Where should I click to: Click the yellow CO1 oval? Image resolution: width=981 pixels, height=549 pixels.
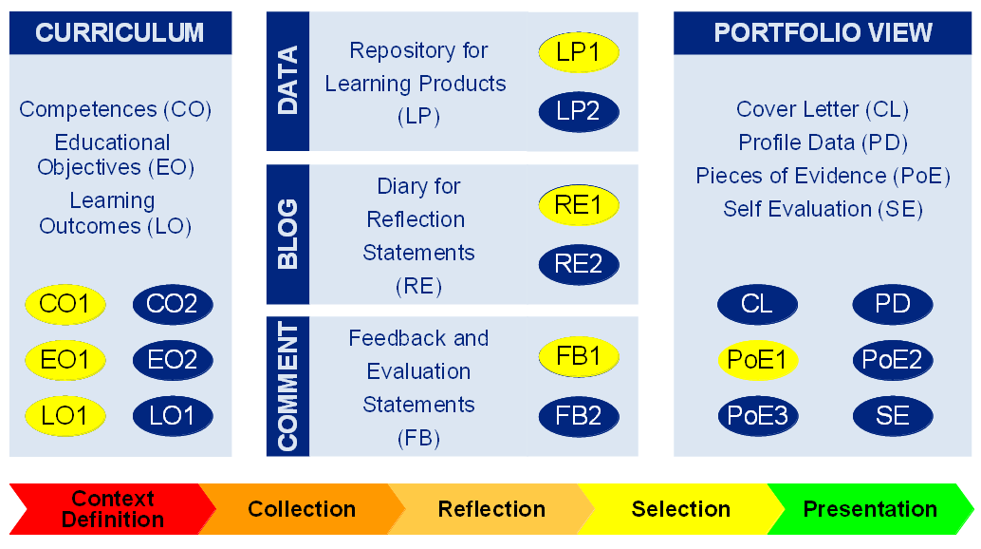65,305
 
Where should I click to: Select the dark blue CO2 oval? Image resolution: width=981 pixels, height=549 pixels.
173,305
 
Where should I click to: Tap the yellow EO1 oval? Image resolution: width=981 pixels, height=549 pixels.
65,360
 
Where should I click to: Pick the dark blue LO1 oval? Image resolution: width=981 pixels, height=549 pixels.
173,415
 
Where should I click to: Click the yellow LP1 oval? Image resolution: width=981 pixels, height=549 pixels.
579,53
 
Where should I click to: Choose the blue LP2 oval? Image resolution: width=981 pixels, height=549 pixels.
579,111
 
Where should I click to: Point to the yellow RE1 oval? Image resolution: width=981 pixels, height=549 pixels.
579,205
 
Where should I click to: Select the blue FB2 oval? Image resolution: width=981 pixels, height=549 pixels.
579,416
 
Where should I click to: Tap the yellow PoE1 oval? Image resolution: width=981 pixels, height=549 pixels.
757,360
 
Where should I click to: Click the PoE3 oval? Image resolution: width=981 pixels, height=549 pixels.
757,416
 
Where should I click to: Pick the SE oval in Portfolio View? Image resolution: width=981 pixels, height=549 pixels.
893,416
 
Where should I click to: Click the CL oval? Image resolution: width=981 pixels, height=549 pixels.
757,305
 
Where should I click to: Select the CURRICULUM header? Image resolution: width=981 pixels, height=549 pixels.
120,32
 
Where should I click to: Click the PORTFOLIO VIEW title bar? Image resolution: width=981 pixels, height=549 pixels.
823,32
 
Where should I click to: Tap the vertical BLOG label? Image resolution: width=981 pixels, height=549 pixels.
287,234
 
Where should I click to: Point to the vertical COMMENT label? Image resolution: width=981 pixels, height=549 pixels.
287,386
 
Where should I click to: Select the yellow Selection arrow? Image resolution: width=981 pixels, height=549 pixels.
680,509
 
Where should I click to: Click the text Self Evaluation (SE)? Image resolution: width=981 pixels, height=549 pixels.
823,209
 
